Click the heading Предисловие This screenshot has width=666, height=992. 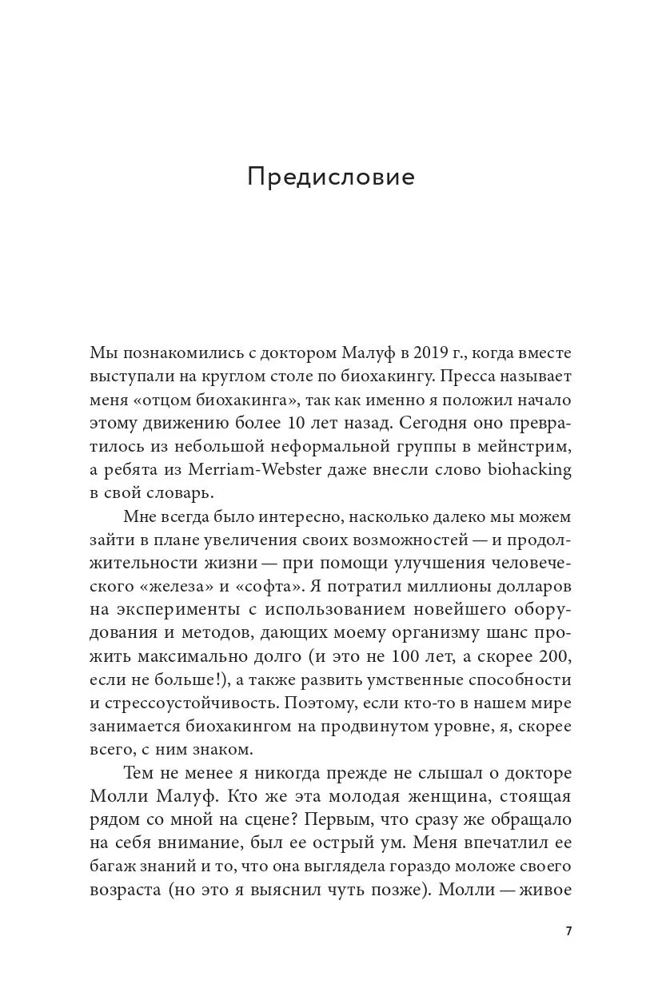click(x=331, y=177)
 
